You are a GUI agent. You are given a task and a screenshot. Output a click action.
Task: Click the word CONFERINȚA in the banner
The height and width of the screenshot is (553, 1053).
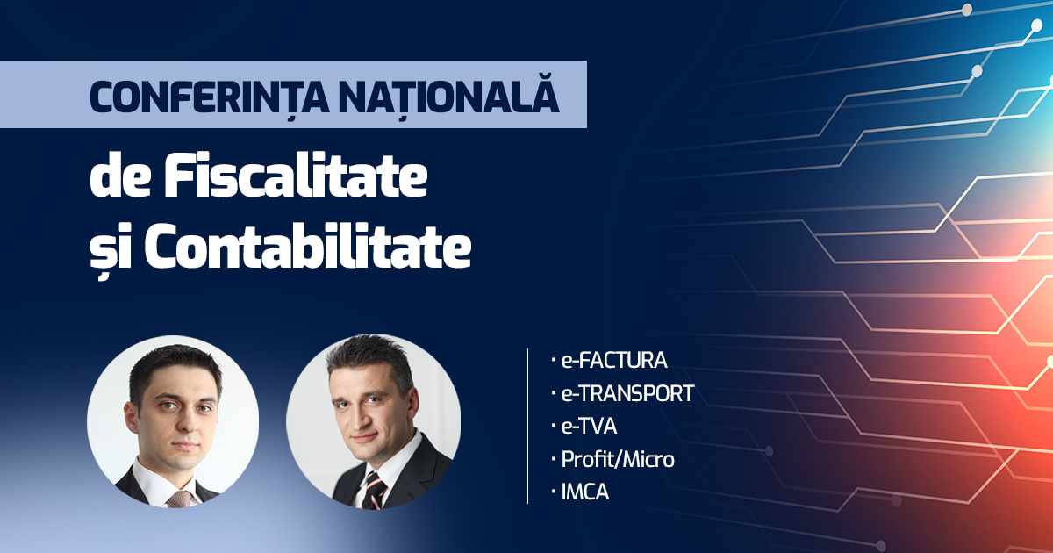[x=209, y=97]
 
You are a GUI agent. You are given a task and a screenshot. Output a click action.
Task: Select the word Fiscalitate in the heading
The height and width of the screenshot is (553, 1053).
[x=295, y=175]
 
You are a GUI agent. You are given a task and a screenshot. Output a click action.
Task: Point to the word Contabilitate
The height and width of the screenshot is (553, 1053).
[x=307, y=245]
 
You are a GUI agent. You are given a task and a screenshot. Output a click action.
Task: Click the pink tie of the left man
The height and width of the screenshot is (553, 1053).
[x=179, y=499]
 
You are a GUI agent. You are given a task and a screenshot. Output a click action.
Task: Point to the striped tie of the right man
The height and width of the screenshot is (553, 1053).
[x=374, y=491]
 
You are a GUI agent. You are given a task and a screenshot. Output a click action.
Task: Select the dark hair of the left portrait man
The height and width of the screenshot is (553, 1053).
[x=175, y=365]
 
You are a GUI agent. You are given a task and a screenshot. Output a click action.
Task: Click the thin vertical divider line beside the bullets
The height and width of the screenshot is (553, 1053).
[x=528, y=426]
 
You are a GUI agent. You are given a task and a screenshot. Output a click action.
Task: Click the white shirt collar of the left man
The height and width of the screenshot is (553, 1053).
[x=160, y=483]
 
